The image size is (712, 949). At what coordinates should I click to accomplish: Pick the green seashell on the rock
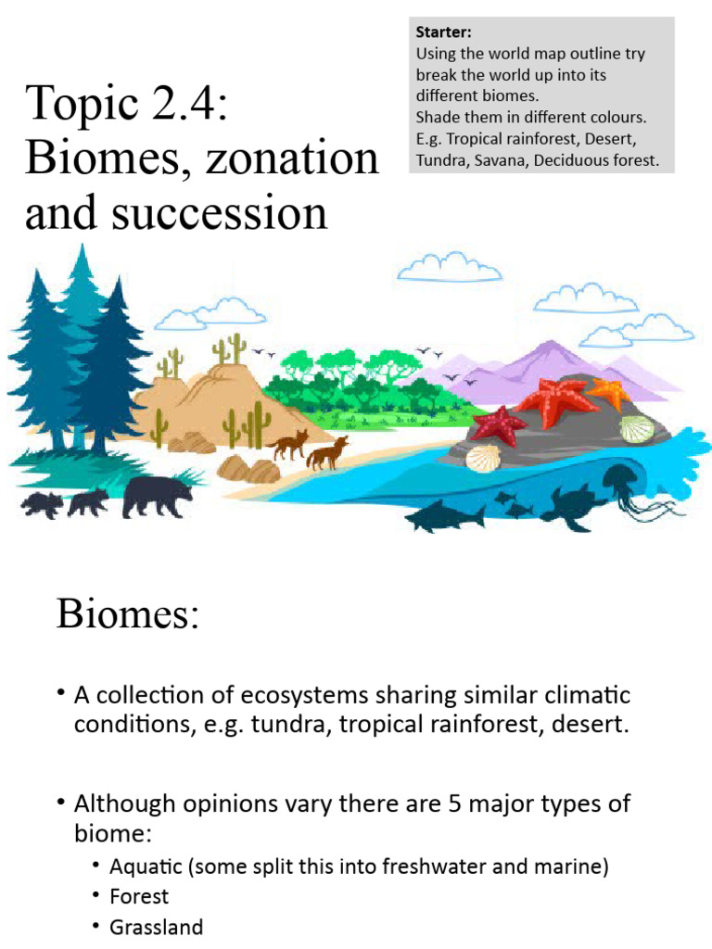click(636, 429)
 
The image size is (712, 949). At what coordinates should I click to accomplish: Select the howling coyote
click(328, 452)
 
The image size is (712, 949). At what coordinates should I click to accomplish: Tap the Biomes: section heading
click(128, 614)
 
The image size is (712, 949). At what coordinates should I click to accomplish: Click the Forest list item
click(139, 896)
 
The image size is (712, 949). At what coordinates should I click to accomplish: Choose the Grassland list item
click(156, 927)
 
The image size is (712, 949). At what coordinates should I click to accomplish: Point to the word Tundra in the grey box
click(442, 161)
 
